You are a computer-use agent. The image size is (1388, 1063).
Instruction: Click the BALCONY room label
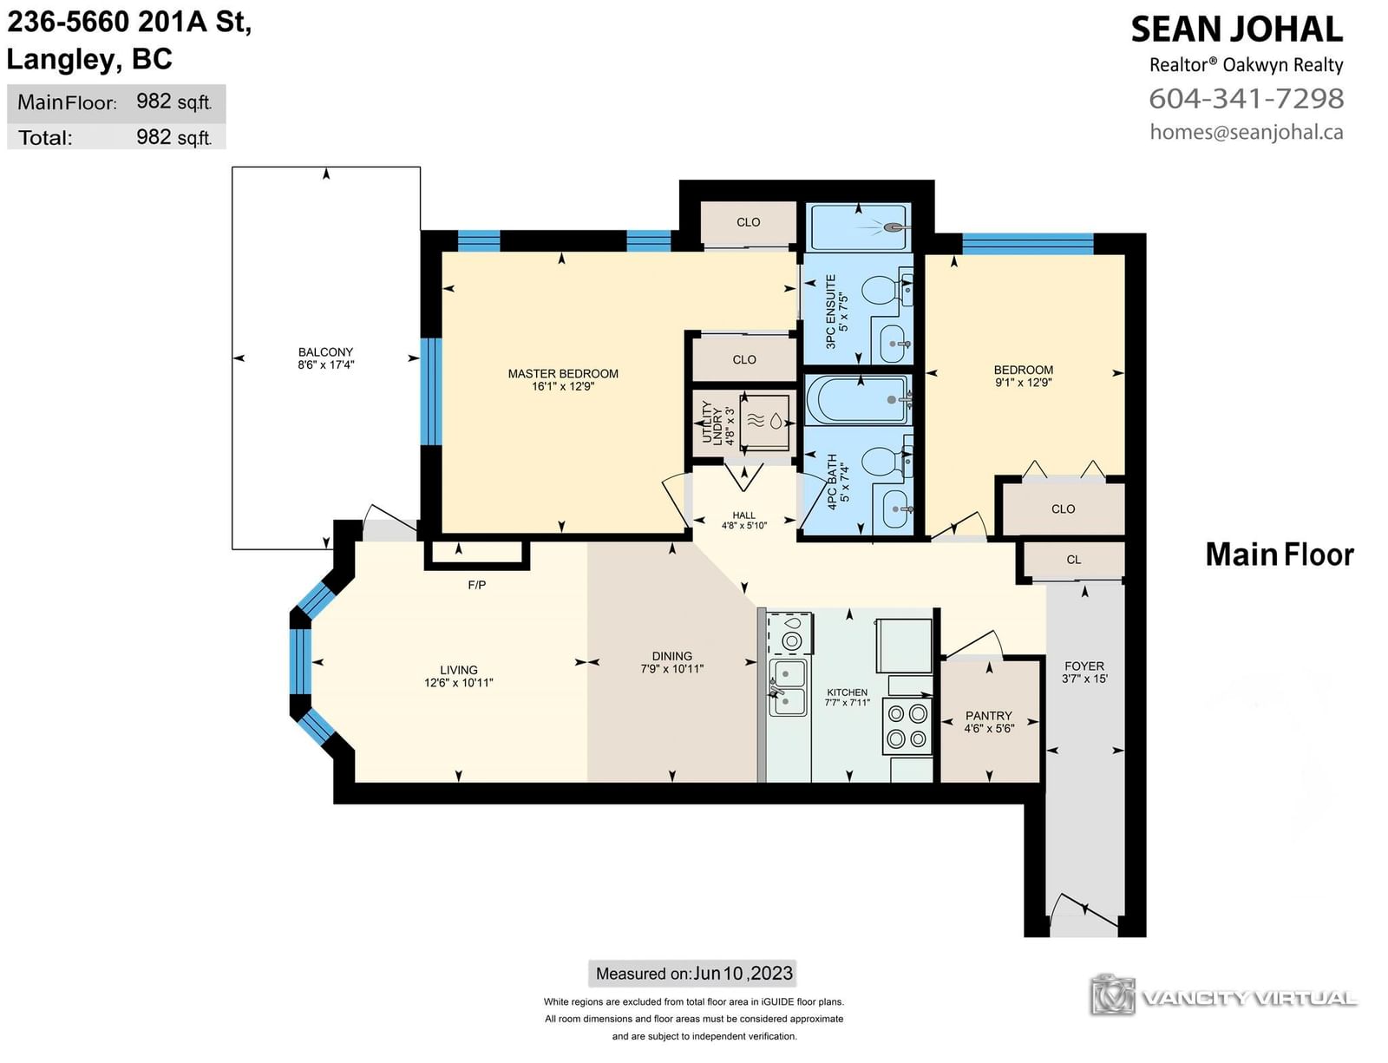(325, 352)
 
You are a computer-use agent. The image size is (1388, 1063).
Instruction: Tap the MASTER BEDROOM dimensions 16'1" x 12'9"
(563, 386)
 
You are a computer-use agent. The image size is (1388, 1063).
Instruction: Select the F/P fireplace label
(476, 585)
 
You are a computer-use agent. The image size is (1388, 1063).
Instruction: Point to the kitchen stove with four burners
(907, 725)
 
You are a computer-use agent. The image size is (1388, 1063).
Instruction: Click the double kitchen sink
(788, 687)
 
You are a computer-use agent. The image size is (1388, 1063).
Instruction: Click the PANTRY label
(988, 716)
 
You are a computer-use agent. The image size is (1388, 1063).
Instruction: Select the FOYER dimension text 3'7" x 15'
(1084, 679)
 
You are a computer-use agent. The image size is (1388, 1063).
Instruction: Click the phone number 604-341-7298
(1247, 98)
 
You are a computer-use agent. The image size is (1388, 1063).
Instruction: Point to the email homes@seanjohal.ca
(1247, 132)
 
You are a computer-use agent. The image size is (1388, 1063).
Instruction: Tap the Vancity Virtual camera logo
(1112, 994)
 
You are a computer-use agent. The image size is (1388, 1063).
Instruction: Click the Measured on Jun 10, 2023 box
(692, 973)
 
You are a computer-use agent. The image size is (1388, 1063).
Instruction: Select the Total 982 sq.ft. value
(173, 137)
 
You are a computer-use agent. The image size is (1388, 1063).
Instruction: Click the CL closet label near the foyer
(1073, 560)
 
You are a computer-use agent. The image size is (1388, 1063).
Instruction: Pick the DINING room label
(672, 656)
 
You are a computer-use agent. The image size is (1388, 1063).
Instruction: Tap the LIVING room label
(459, 670)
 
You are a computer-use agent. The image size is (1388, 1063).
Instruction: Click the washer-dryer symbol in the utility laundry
(764, 420)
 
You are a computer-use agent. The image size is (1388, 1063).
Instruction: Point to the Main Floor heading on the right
(1280, 554)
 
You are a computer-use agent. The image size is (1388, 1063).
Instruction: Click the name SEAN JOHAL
(1237, 30)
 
